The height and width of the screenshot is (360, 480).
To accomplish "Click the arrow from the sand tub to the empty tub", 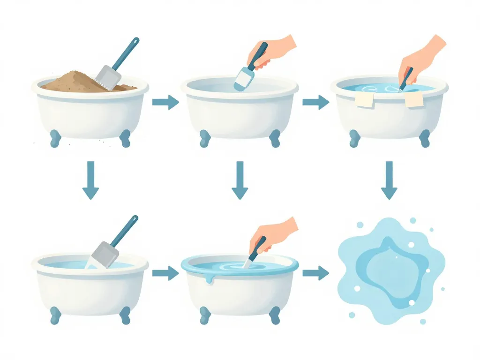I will (x=165, y=102).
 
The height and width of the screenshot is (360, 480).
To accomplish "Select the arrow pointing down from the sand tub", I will (x=90, y=180).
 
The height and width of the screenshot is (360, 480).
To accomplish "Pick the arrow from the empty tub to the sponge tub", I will (x=315, y=102).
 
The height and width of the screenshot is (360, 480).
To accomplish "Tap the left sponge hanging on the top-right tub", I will (x=364, y=99).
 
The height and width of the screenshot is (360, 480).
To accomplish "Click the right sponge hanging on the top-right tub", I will (x=413, y=99).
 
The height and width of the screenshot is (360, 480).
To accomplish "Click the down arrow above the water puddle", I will (x=389, y=180).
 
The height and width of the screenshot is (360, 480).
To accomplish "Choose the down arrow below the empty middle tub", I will (x=240, y=180).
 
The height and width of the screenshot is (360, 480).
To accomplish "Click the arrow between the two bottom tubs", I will (x=165, y=273).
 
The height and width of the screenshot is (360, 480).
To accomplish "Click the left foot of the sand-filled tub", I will (x=56, y=138).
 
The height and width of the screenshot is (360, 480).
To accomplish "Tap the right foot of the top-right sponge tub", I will (x=424, y=138).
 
